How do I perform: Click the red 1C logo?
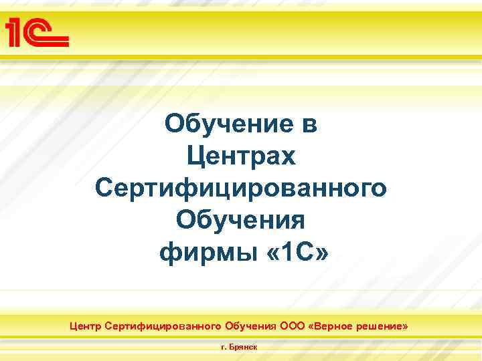[x=37, y=31]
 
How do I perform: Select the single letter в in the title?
[x=310, y=124]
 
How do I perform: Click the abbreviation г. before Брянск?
[x=224, y=348]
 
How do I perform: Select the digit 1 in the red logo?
[x=15, y=32]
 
